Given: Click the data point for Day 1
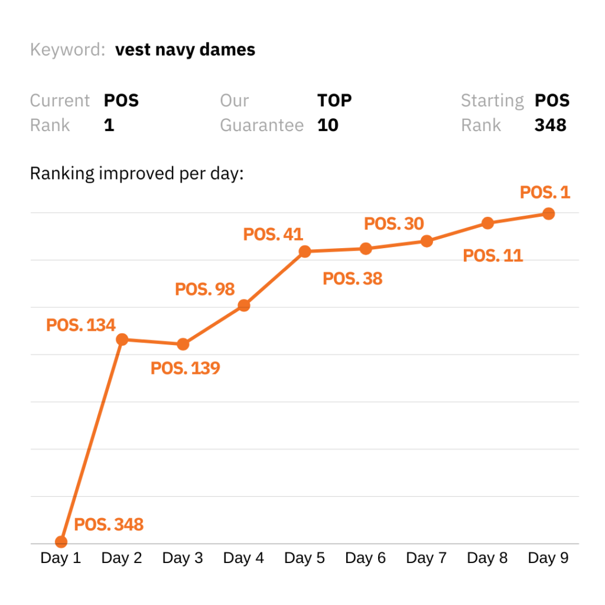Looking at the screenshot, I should [61, 541].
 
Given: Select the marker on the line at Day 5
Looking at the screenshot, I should [305, 252].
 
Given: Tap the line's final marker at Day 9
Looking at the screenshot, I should [548, 214].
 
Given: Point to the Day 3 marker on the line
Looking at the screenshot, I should [183, 344].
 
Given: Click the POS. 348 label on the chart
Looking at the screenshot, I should [109, 524].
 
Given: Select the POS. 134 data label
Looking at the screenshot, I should [80, 325].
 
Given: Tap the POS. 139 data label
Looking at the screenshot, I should [185, 369].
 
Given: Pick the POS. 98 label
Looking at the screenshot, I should [205, 290].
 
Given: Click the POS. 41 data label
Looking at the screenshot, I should [273, 235].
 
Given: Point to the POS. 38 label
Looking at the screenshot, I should [353, 278].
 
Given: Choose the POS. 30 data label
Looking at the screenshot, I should [394, 224].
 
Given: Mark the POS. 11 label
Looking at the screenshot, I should [493, 256].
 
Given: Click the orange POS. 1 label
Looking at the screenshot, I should [545, 193].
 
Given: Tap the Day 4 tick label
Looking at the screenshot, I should [243, 558].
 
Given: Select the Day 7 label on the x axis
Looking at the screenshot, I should [427, 558].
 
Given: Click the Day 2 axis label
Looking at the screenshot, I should [122, 558].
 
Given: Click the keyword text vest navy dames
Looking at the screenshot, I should [186, 50].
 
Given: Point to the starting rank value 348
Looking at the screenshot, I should [550, 125].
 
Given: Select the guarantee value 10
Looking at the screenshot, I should [328, 125].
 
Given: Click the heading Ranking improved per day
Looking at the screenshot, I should [136, 174].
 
